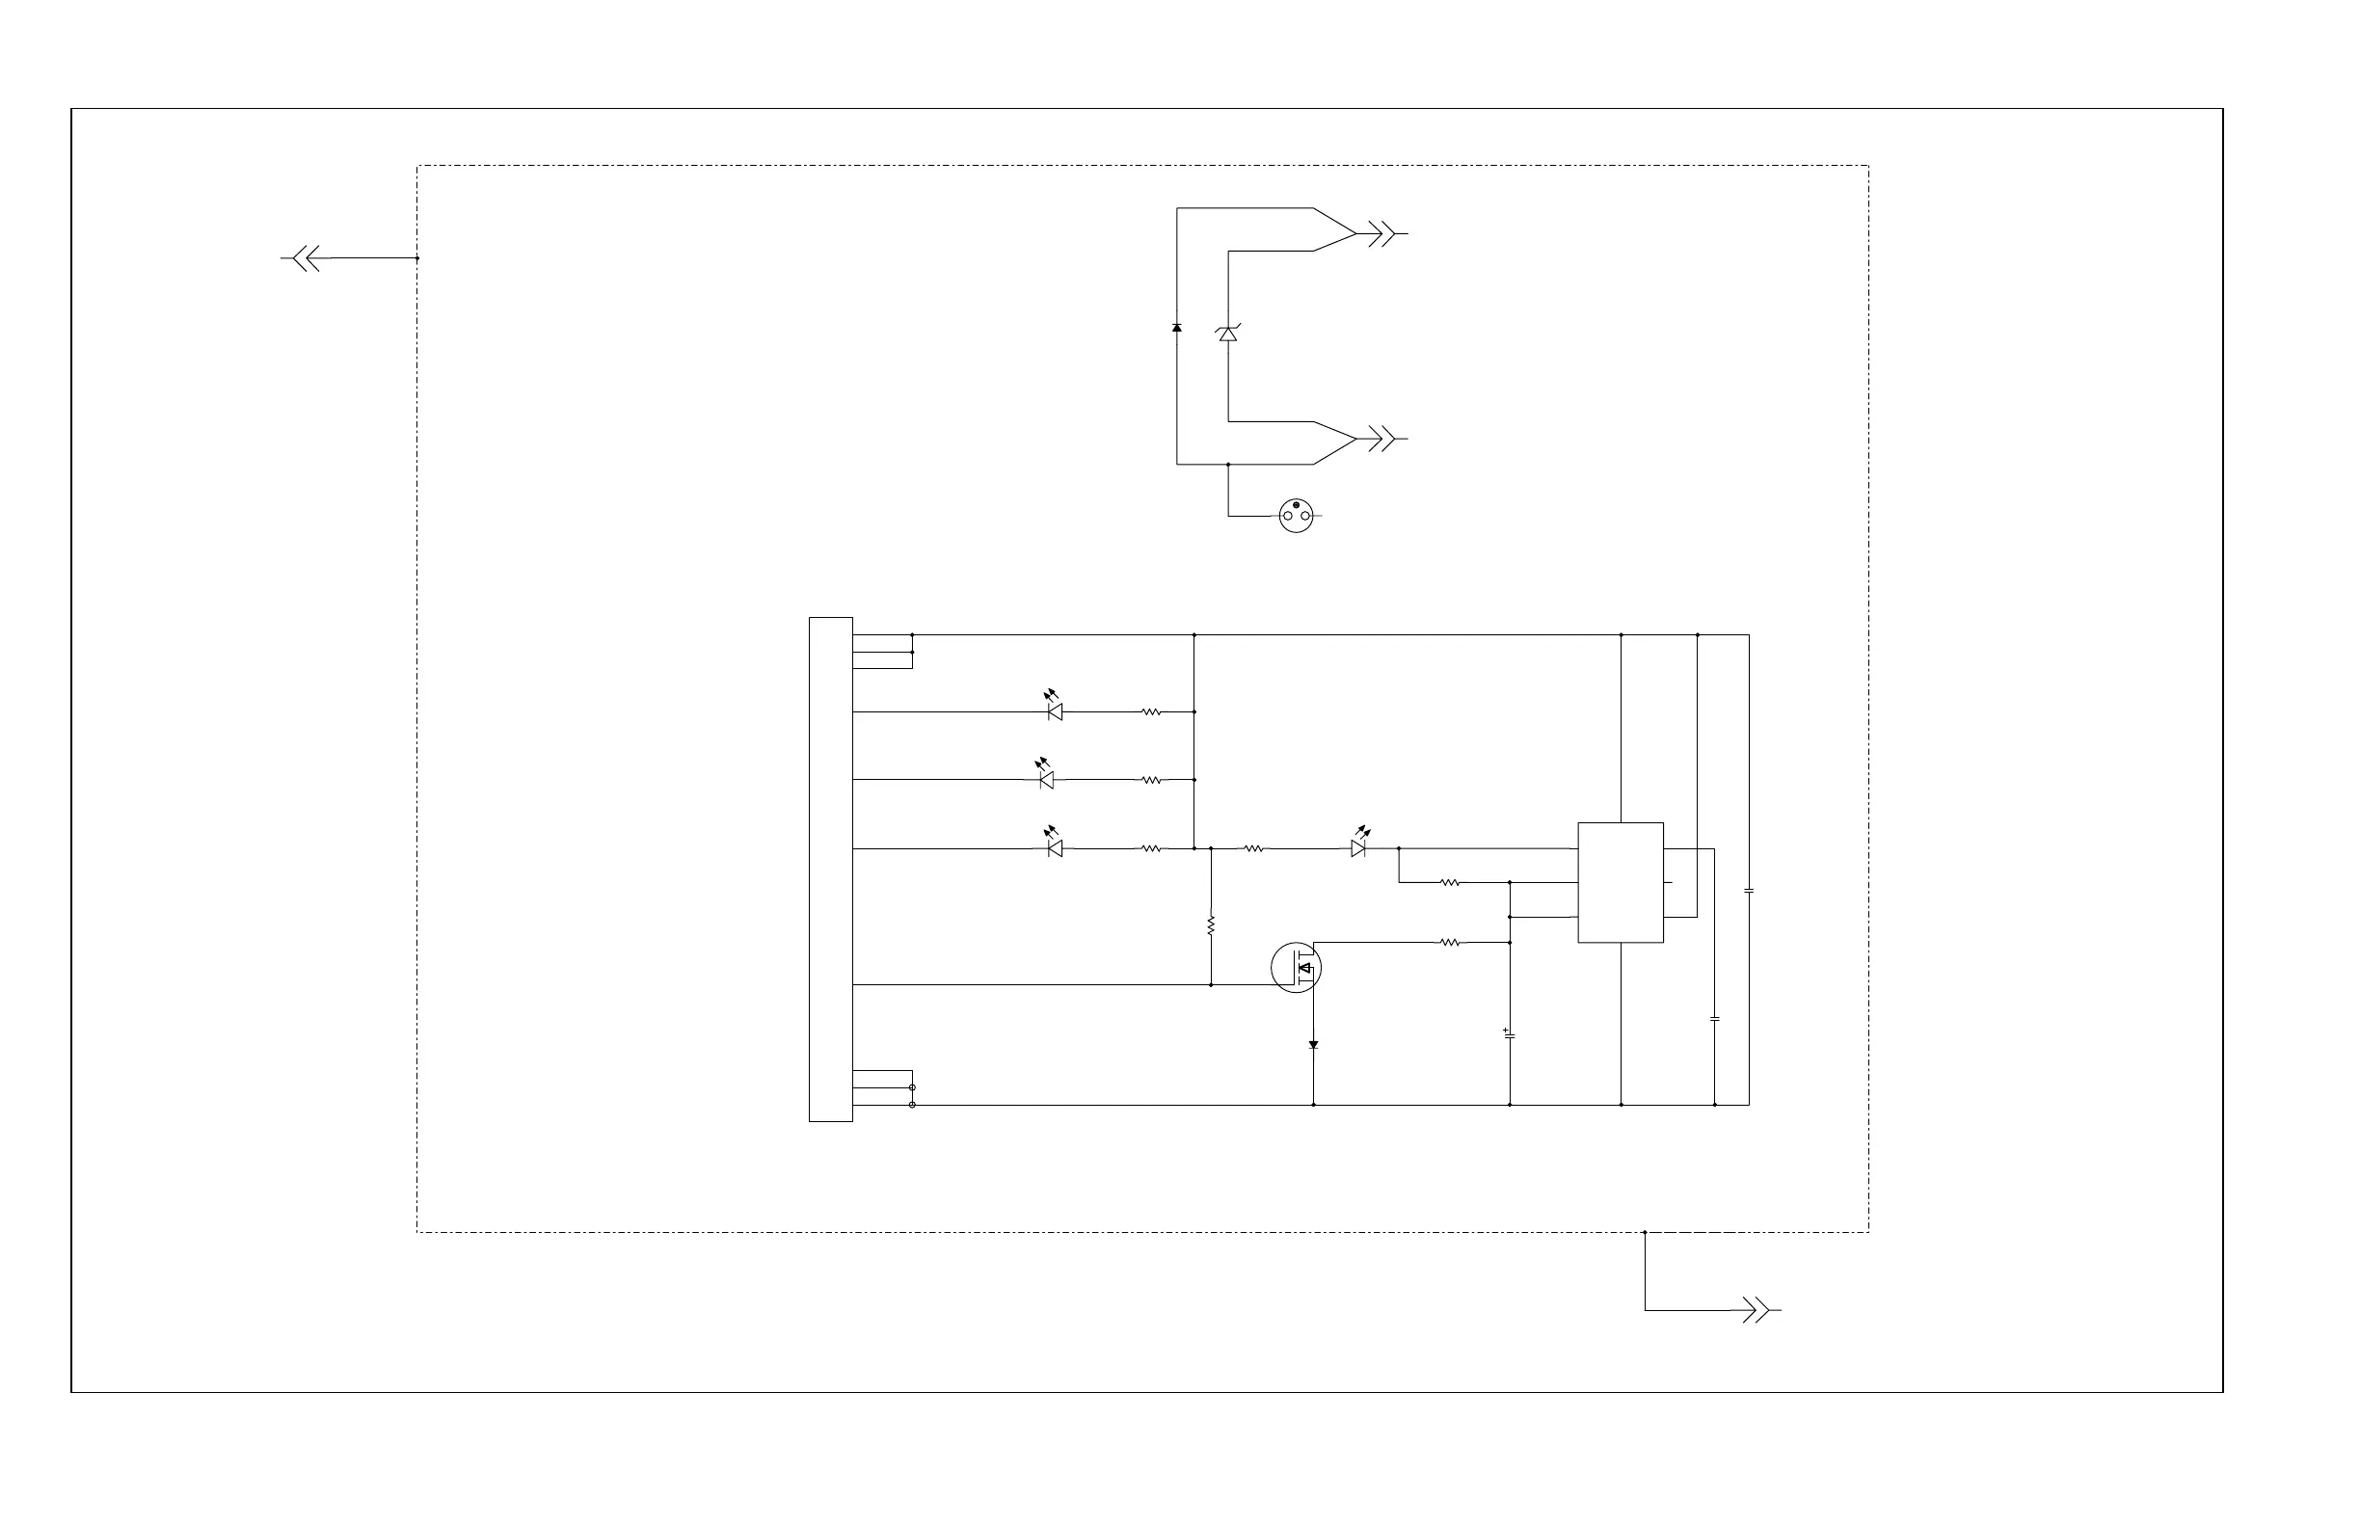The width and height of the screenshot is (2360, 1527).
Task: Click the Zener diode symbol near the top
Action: click(1227, 335)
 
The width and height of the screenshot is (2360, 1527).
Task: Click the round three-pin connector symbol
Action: click(1296, 516)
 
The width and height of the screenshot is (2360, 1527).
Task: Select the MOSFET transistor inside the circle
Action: click(1296, 967)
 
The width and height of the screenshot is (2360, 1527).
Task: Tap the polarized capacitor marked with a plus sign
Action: click(1509, 1034)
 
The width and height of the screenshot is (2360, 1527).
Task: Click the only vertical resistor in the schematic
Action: click(1211, 925)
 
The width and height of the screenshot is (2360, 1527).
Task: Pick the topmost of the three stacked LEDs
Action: click(1054, 710)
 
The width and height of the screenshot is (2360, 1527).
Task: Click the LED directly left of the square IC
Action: click(1358, 847)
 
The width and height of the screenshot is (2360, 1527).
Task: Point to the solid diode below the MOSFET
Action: click(1313, 1045)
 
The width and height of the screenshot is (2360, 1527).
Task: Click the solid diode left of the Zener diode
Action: click(1177, 327)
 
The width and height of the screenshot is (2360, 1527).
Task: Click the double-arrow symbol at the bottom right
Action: click(1756, 1310)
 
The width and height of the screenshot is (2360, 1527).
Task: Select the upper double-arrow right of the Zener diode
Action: click(1381, 234)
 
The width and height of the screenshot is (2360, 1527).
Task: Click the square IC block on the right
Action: click(1621, 881)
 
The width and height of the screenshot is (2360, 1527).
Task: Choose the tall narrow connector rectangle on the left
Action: click(831, 869)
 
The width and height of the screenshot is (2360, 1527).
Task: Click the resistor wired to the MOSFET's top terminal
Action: click(1449, 942)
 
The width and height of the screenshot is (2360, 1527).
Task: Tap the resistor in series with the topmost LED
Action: click(1150, 710)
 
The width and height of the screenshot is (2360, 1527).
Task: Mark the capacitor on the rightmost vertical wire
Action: click(1748, 891)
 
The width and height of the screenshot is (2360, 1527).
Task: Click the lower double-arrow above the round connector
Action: click(1381, 439)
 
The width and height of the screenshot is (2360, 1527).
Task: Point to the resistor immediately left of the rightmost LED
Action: click(1252, 847)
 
